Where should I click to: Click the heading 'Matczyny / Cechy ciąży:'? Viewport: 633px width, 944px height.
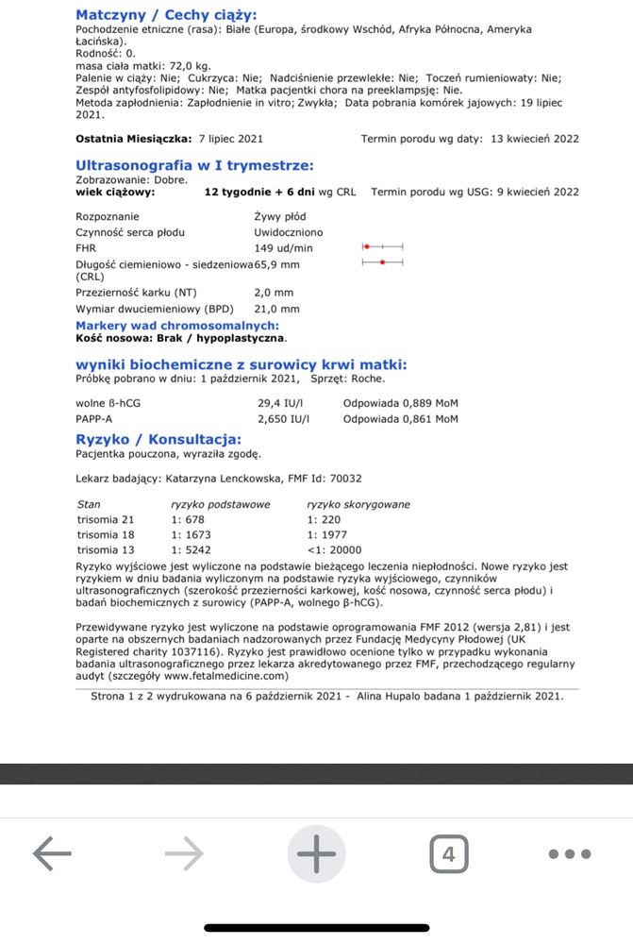pyautogui.click(x=165, y=14)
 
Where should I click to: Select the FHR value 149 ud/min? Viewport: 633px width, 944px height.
pyautogui.click(x=283, y=247)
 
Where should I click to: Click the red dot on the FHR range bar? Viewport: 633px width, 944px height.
pyautogui.click(x=367, y=246)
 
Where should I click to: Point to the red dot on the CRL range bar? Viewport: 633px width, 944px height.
pyautogui.click(x=382, y=262)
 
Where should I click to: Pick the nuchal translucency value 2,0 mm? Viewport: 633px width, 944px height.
pyautogui.click(x=274, y=293)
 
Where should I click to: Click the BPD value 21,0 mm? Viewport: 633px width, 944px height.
pyautogui.click(x=277, y=309)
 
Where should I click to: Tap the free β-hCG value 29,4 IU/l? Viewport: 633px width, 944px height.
pyautogui.click(x=279, y=403)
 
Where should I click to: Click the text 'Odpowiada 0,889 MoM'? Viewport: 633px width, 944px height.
pyautogui.click(x=400, y=403)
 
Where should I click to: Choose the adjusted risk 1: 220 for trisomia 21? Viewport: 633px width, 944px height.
pyautogui.click(x=324, y=519)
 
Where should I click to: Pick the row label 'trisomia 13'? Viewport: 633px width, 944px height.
pyautogui.click(x=106, y=549)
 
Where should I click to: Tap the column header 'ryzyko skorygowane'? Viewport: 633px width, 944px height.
pyautogui.click(x=358, y=504)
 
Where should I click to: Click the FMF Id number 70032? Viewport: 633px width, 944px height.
pyautogui.click(x=343, y=479)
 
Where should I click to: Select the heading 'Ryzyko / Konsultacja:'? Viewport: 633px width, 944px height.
pyautogui.click(x=158, y=439)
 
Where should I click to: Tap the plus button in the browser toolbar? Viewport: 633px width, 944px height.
pyautogui.click(x=316, y=854)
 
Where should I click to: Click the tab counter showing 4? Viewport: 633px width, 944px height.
pyautogui.click(x=448, y=854)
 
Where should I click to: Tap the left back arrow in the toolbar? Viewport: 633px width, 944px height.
pyautogui.click(x=52, y=854)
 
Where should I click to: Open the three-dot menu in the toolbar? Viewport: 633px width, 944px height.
pyautogui.click(x=569, y=854)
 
